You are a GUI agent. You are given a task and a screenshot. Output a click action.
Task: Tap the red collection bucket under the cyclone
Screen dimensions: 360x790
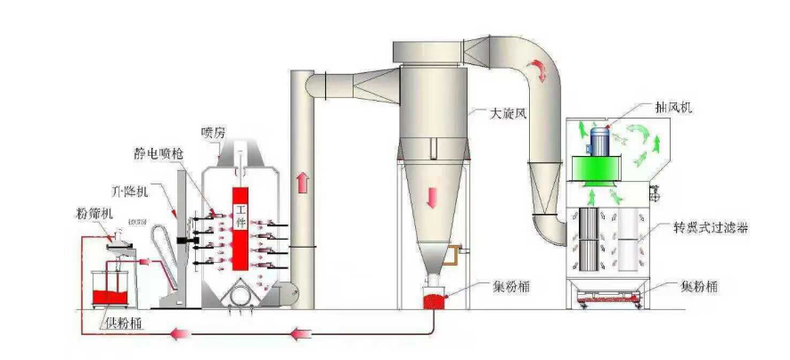point(434,300)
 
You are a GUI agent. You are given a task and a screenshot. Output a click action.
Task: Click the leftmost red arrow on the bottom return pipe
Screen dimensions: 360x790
point(183,335)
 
